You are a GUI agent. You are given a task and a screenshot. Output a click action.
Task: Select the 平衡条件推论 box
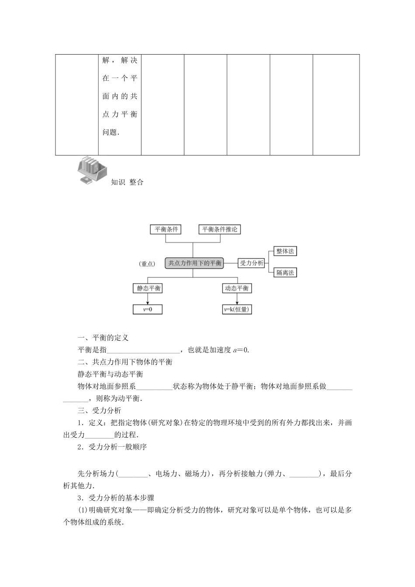[220, 229]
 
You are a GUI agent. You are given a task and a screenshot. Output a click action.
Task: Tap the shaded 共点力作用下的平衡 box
[195, 263]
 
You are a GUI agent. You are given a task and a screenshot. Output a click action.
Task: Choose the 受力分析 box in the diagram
[252, 263]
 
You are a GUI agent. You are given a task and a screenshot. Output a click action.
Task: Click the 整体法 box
[285, 251]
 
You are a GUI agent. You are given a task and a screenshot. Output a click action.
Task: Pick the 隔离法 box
[285, 273]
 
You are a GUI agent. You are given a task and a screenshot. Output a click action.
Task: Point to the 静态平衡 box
[149, 288]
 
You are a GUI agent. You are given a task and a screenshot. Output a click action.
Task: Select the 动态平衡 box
[237, 288]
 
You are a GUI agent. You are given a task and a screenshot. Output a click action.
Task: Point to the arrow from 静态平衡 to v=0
[148, 299]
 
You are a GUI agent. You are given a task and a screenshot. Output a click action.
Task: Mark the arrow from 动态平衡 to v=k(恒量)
[237, 299]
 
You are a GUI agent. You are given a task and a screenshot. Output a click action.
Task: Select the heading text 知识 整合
[127, 183]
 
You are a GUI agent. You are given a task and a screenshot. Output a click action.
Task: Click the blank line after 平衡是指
[143, 350]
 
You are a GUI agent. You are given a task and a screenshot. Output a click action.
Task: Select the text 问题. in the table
[111, 132]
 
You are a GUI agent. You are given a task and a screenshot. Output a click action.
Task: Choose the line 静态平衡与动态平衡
[110, 374]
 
